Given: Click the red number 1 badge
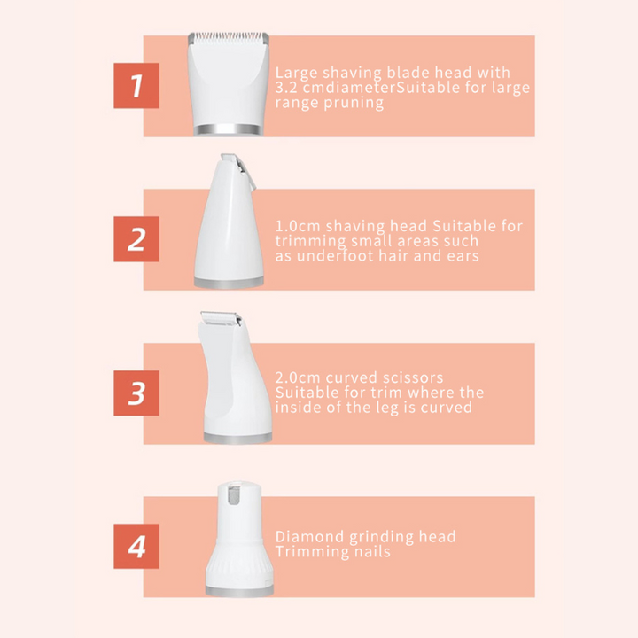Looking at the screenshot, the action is point(136,86).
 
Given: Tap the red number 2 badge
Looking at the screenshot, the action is point(136,239).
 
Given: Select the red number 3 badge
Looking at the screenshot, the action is point(136,393).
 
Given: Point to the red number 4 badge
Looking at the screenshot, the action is point(136,547).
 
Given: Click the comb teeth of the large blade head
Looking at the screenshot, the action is point(229,38).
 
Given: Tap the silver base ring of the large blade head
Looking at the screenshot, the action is point(229,129).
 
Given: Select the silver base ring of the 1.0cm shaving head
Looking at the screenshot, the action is point(229,283).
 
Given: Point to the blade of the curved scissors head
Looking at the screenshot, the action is point(221,318).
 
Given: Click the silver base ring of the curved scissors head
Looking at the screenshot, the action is point(237,438).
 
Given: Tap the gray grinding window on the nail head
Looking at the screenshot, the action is point(234,496).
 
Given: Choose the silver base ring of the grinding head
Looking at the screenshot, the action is point(239,591).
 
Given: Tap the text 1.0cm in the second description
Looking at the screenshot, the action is point(298,226).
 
